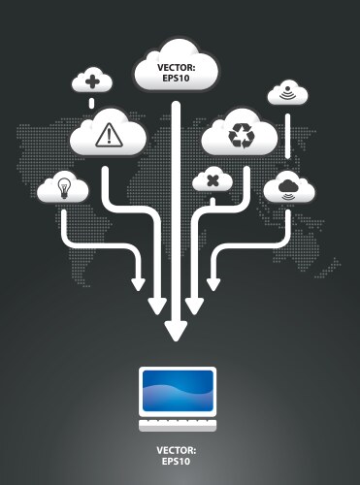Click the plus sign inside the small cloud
tap(91, 81)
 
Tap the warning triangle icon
tap(108, 136)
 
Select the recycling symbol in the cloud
tap(239, 137)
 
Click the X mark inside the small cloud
tap(212, 180)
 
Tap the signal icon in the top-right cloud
tap(287, 94)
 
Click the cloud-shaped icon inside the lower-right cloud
tap(287, 186)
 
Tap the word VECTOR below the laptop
tap(176, 450)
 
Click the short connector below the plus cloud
tap(91, 101)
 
